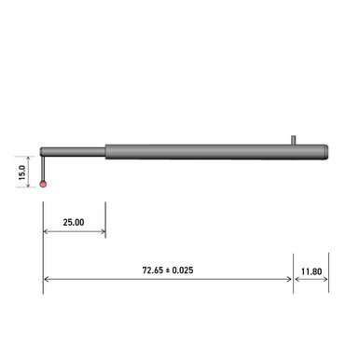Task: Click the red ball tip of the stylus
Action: click(x=44, y=185)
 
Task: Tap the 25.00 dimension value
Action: click(x=74, y=223)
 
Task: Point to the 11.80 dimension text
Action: click(x=312, y=272)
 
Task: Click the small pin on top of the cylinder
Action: click(x=294, y=138)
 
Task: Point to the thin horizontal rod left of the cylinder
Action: click(x=75, y=148)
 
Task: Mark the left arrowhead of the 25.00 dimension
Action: click(x=47, y=233)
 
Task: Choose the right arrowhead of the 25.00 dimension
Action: click(x=102, y=233)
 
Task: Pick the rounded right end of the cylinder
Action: click(x=326, y=149)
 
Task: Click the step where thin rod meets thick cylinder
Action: click(x=105, y=149)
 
